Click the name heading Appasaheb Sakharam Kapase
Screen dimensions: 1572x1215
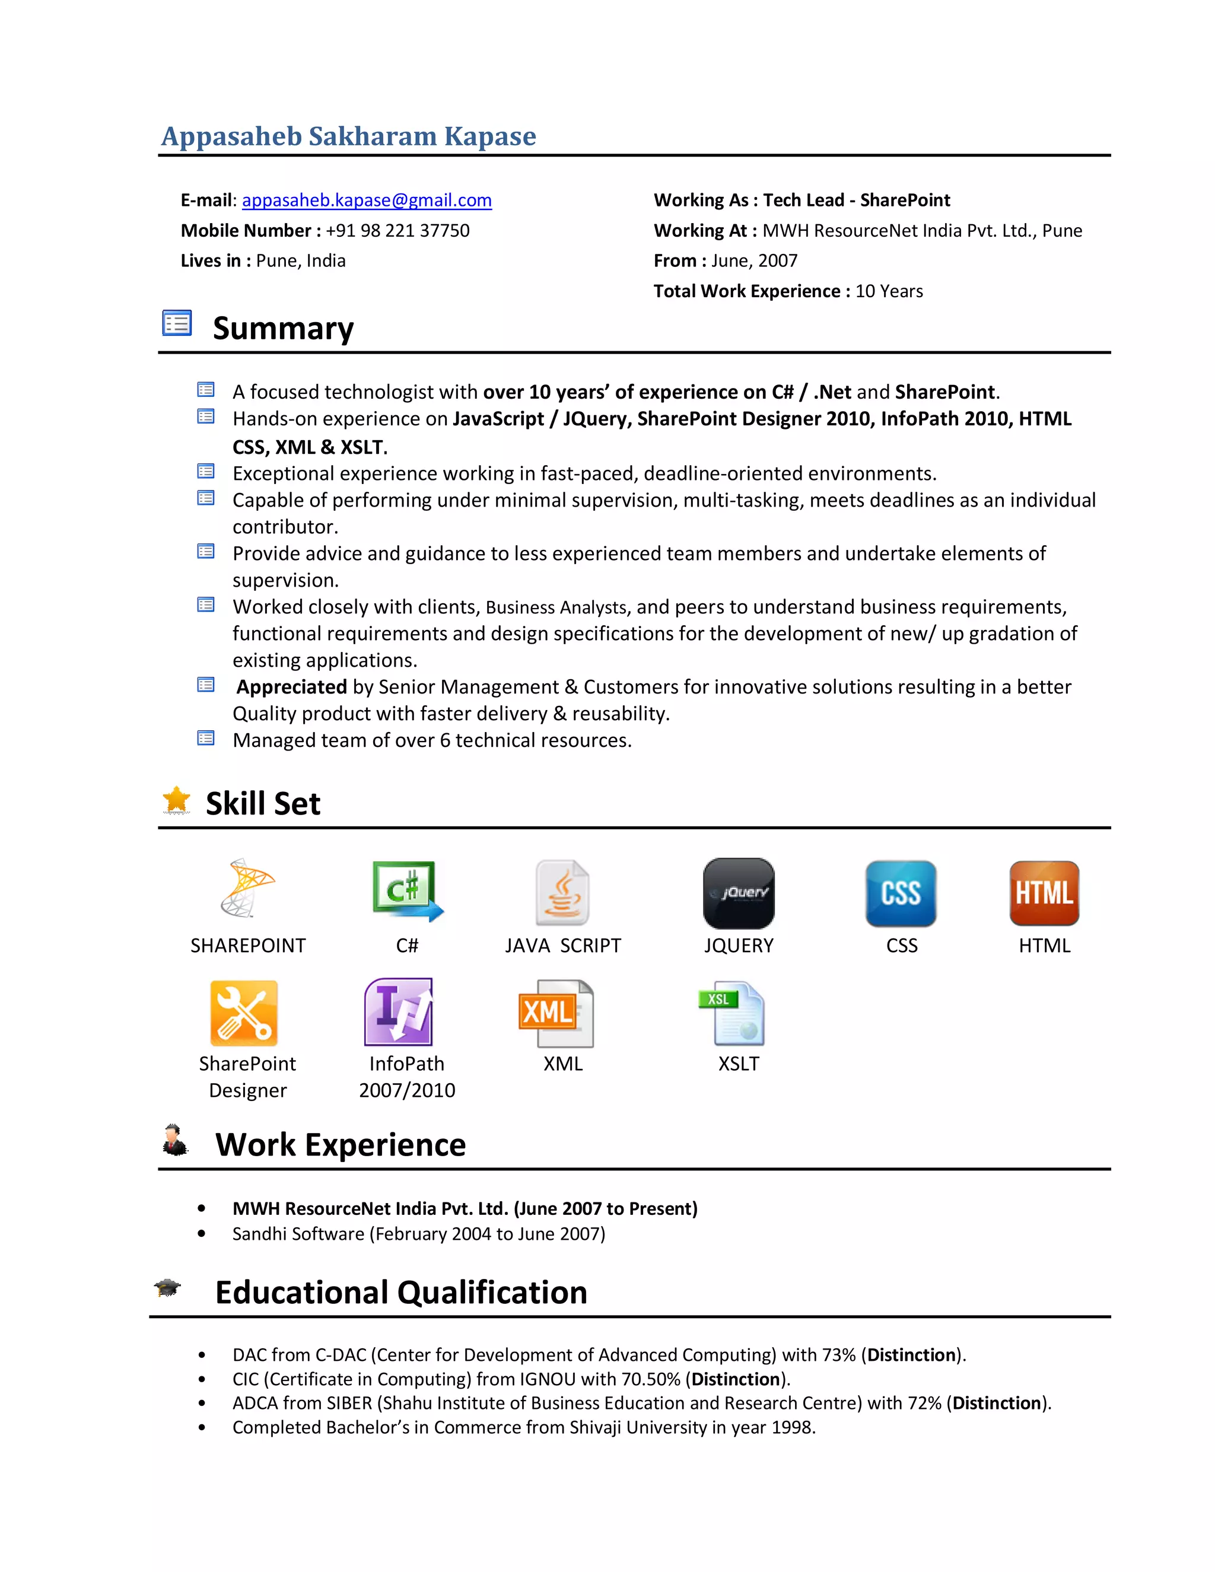(348, 136)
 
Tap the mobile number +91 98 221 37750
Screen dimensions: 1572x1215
(397, 230)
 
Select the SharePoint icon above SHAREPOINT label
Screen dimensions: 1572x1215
(247, 887)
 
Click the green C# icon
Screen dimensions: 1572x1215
(406, 891)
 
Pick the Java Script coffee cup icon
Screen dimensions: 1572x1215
(562, 893)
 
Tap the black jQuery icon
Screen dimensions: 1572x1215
(739, 893)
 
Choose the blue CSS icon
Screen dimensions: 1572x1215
(901, 893)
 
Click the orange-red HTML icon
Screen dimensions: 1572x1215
(1044, 893)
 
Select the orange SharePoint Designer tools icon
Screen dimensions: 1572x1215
(244, 1013)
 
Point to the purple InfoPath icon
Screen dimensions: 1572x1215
(399, 1011)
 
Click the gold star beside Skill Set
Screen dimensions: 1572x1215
(176, 800)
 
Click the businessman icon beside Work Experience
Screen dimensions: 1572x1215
(174, 1140)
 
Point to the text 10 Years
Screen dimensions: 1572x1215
(888, 291)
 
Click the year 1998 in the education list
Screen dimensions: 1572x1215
(792, 1427)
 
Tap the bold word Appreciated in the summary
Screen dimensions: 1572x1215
(291, 687)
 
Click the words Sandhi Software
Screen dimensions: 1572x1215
(298, 1234)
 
